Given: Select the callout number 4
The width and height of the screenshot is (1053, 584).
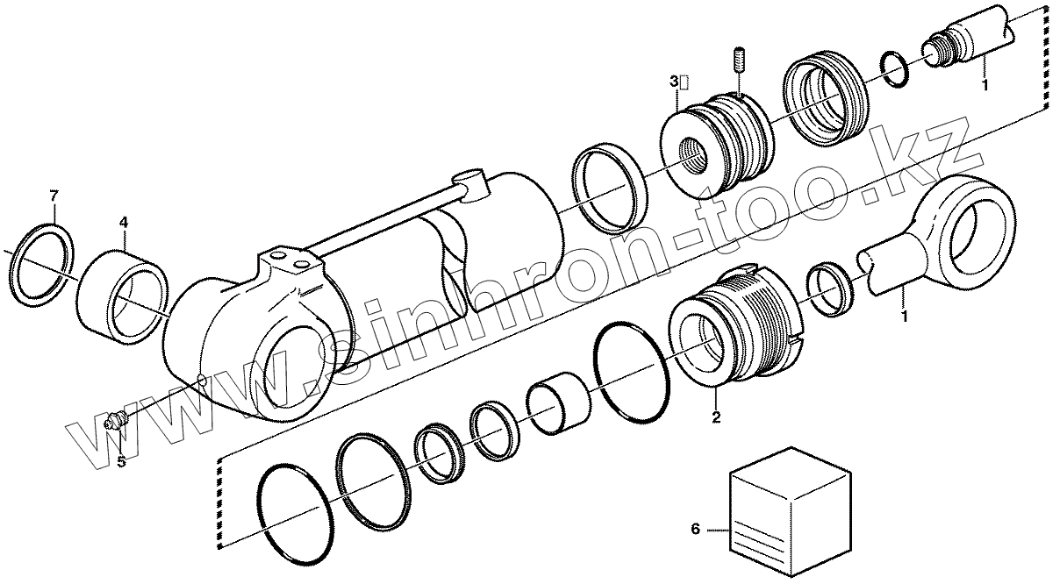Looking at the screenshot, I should click(124, 222).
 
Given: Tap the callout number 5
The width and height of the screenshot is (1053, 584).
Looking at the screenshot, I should click(122, 462).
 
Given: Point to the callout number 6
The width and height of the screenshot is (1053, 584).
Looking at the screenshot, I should click(695, 529).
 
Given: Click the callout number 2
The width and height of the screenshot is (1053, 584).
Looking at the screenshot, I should click(716, 417).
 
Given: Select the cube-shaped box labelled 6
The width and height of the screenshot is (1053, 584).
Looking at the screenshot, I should click(790, 509).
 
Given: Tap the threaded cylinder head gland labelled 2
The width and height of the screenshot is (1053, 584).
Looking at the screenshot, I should click(737, 324).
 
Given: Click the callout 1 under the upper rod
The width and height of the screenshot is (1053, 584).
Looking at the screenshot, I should click(984, 86).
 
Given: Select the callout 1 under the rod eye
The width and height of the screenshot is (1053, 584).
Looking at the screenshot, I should click(903, 313).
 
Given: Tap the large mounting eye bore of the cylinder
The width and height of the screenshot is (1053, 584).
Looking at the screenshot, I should click(294, 373).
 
